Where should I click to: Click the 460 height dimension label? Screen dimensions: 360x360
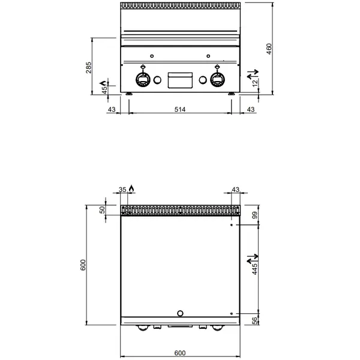pyautogui.click(x=269, y=49)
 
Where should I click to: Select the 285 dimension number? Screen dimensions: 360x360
pyautogui.click(x=89, y=67)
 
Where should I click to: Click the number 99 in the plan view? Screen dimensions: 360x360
pyautogui.click(x=254, y=215)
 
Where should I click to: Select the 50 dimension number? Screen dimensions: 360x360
pyautogui.click(x=102, y=209)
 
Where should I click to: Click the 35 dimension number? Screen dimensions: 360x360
pyautogui.click(x=123, y=190)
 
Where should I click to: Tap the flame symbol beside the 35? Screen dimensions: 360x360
pyautogui.click(x=131, y=189)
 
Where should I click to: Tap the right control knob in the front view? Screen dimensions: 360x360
pyautogui.click(x=217, y=79)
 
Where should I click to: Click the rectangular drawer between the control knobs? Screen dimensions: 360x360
pyautogui.click(x=181, y=80)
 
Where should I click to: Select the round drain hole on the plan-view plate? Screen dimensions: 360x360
pyautogui.click(x=181, y=313)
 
